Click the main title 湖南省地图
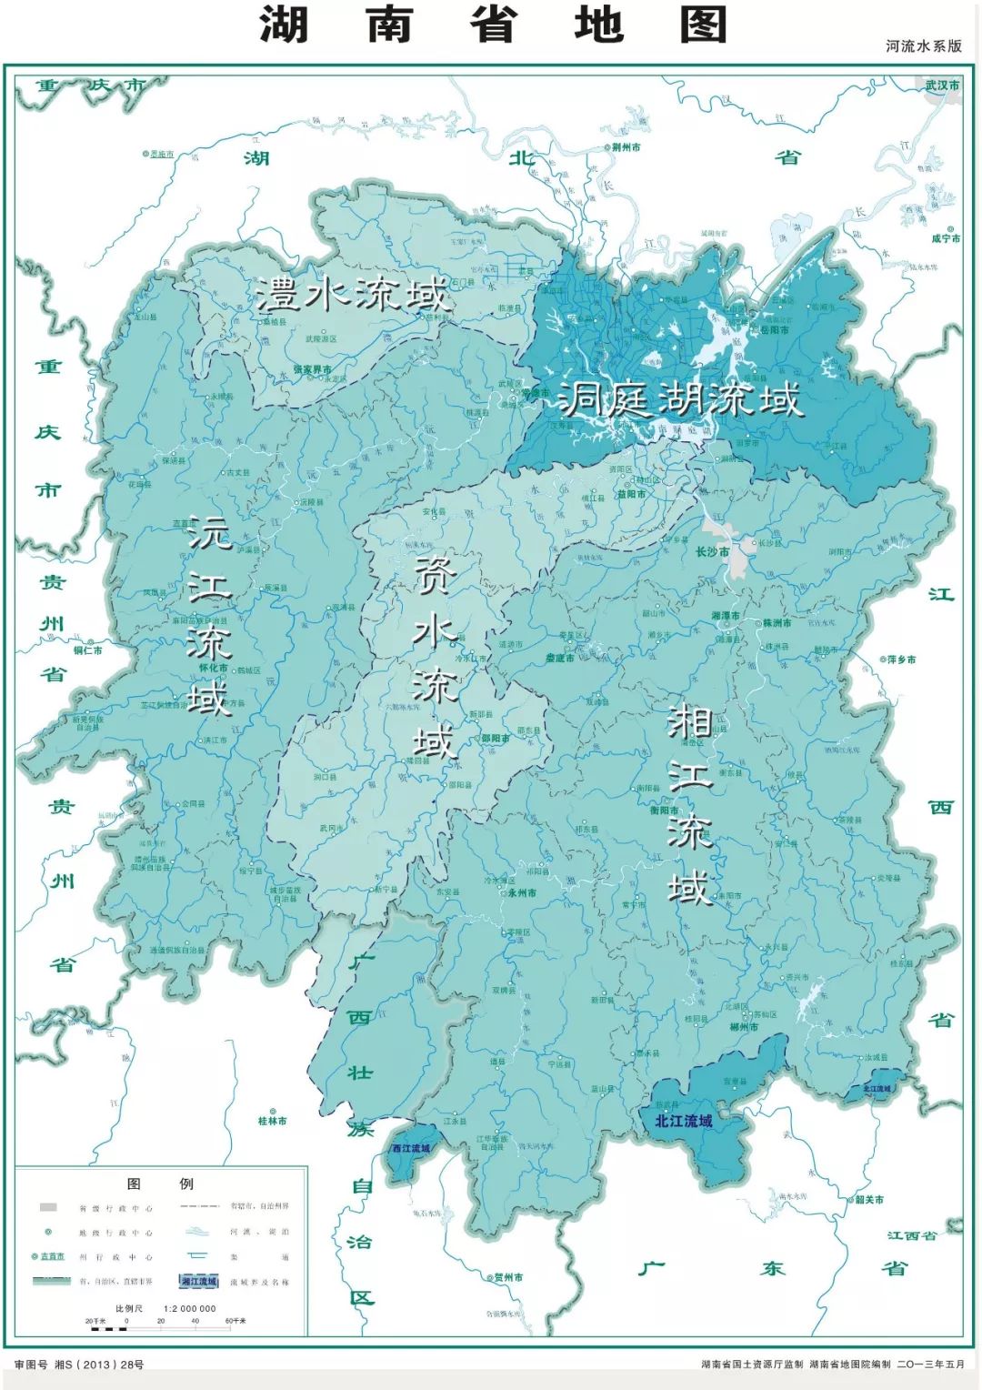494,25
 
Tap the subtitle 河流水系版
923,46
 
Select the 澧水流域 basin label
353,295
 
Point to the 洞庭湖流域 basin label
680,399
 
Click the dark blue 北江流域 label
683,1121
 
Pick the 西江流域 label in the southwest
410,1148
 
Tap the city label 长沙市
712,551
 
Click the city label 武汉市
942,85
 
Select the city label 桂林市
272,1121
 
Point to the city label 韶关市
868,1199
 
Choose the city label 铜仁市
88,650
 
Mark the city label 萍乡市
901,660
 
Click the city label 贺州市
506,1277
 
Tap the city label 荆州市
626,146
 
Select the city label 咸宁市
945,238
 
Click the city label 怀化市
213,668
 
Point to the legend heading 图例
160,1184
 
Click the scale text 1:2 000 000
190,1308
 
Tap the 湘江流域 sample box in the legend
199,1282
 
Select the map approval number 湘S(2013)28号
79,1365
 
